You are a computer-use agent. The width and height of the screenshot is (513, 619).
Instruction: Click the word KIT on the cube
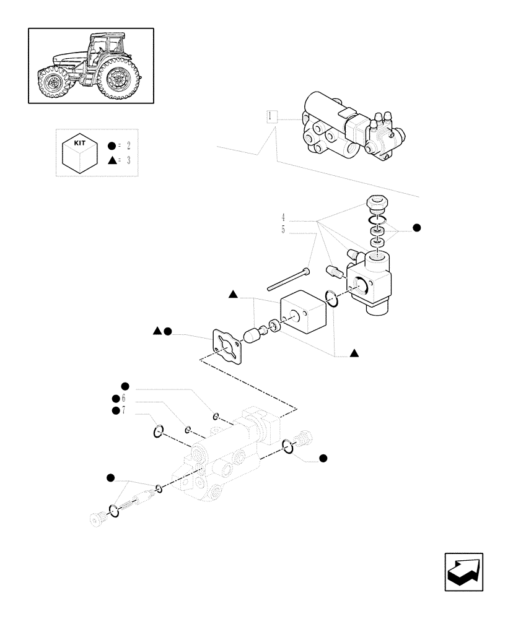(x=80, y=142)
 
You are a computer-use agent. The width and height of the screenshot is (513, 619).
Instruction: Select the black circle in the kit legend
(x=111, y=146)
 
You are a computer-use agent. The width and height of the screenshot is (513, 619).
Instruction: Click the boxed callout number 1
(x=271, y=116)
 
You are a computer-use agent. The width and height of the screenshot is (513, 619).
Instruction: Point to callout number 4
(x=283, y=217)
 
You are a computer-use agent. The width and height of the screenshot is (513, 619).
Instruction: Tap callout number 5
(x=283, y=230)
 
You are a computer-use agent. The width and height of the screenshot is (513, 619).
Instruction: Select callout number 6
(x=123, y=398)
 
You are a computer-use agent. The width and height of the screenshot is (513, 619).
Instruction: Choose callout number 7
(x=123, y=410)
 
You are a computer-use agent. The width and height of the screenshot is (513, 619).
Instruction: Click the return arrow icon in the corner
(x=464, y=572)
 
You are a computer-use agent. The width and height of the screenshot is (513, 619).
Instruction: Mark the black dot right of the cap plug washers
(x=417, y=228)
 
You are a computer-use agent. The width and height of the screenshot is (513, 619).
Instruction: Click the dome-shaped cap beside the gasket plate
(x=251, y=336)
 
